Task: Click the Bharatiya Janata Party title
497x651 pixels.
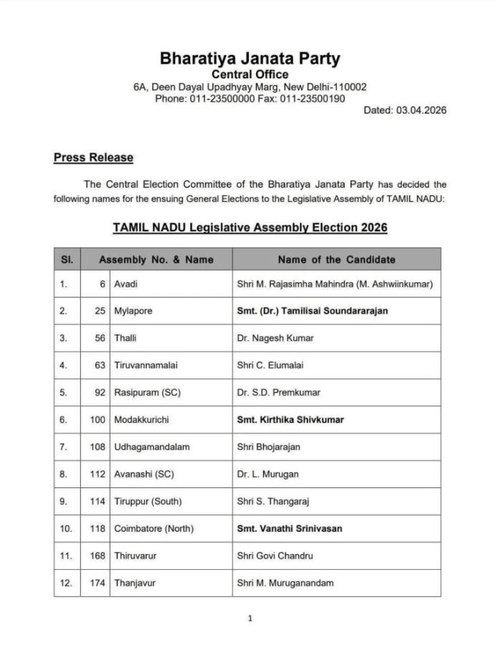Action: [250, 58]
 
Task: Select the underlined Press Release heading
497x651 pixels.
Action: [93, 157]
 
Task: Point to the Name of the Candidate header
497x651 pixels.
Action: [336, 259]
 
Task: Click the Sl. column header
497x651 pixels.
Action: [67, 259]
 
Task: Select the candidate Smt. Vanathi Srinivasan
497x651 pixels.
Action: [289, 528]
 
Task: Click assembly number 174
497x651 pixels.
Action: [98, 583]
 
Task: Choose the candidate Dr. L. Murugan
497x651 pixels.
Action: [268, 474]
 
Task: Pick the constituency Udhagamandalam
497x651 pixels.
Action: [152, 446]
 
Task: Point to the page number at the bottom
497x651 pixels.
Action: [250, 619]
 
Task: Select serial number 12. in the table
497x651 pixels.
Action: [67, 583]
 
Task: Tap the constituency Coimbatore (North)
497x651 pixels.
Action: [153, 528]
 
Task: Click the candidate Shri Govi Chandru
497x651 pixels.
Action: [275, 556]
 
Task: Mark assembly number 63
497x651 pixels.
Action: [100, 365]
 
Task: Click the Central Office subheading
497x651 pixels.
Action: [250, 74]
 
